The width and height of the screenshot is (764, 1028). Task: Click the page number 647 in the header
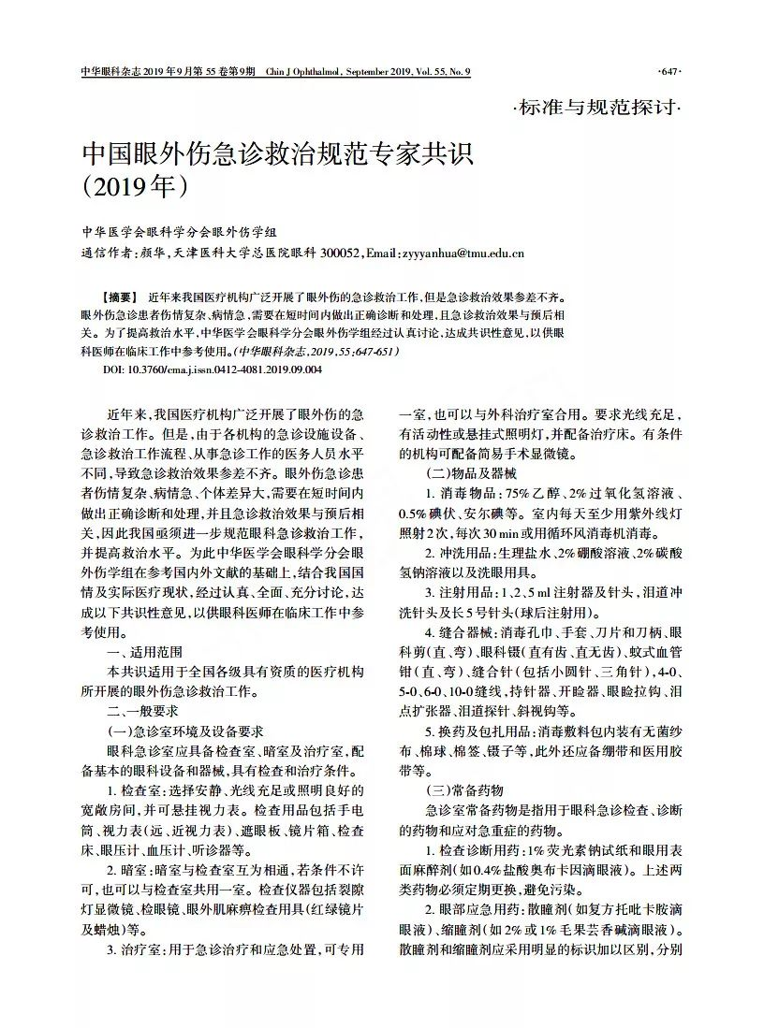coord(670,72)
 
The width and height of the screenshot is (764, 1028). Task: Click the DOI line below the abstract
coord(212,369)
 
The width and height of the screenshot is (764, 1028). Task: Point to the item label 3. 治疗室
coord(136,950)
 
